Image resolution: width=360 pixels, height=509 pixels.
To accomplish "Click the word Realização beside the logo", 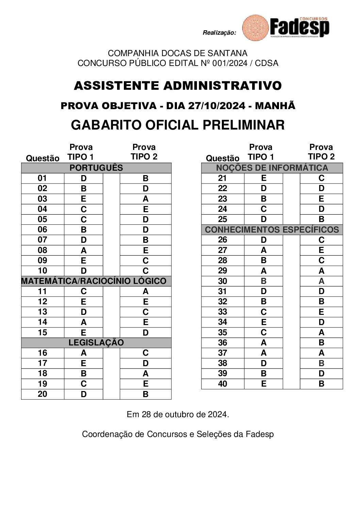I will click(219, 33).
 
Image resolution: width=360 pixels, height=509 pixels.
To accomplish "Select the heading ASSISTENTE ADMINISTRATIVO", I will click(178, 86).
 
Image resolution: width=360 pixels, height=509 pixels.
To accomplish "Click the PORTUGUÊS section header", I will click(96, 168).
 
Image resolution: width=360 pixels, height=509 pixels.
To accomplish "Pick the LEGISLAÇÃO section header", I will click(96, 343).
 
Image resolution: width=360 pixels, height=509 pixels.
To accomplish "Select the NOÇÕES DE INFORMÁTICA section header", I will click(272, 168).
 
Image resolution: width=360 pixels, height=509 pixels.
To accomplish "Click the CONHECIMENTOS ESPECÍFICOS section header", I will click(272, 230).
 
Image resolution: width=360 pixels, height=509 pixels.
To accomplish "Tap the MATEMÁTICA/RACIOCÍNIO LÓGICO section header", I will click(94, 281).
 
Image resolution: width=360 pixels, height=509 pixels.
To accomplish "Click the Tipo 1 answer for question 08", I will click(83, 251).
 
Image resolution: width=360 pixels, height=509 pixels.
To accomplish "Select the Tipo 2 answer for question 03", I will click(145, 199).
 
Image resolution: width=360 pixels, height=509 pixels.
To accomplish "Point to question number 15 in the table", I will click(43, 333).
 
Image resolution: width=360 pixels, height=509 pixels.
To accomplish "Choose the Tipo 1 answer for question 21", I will click(263, 178).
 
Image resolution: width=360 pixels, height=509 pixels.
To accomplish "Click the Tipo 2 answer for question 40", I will click(321, 384).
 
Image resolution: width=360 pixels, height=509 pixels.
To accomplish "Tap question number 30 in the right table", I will click(223, 281).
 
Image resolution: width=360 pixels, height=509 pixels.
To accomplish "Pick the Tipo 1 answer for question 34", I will click(263, 322).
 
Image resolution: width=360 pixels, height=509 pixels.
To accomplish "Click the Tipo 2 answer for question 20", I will click(145, 394).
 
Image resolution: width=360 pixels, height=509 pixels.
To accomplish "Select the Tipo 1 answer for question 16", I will click(83, 353).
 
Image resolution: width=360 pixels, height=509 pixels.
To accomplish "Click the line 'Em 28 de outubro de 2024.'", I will click(178, 414).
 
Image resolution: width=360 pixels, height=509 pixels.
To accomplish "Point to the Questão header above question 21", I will click(223, 158).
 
